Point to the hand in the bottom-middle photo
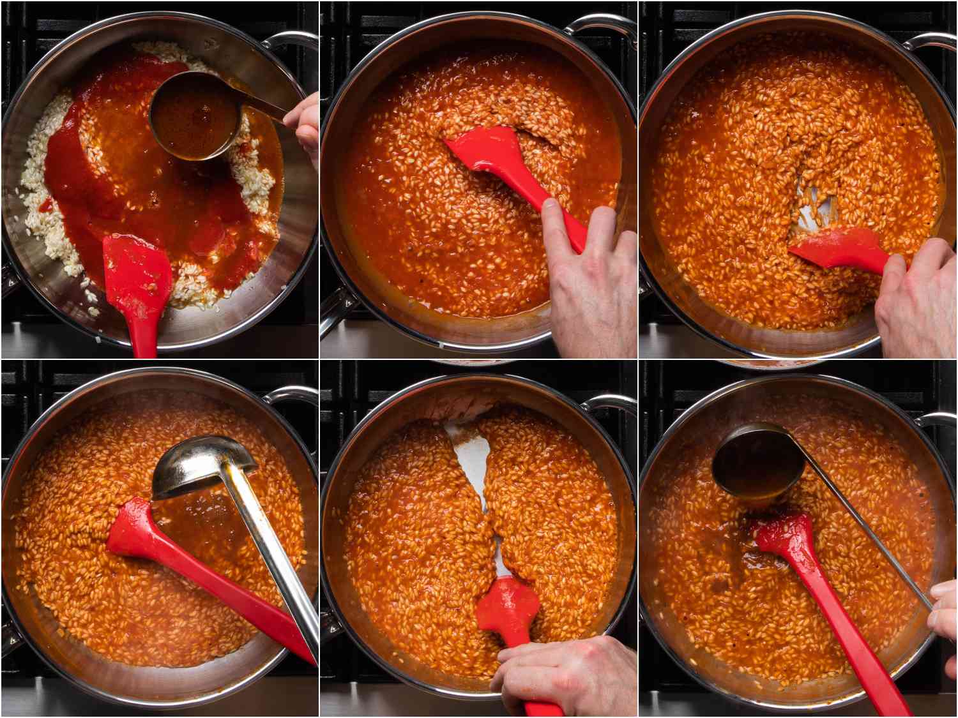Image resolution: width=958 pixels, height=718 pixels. point(562,673)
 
